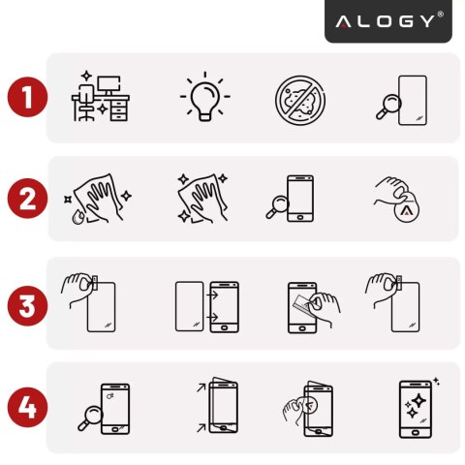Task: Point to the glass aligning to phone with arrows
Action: click(x=205, y=306)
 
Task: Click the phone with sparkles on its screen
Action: click(x=417, y=408)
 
